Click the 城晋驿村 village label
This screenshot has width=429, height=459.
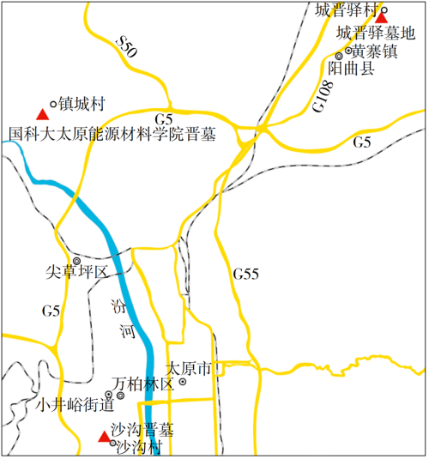[347, 10]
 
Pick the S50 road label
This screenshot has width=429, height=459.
[126, 48]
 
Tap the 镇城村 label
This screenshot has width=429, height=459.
[82, 104]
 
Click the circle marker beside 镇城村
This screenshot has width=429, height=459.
[53, 105]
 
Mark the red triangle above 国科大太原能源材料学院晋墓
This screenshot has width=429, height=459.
[41, 114]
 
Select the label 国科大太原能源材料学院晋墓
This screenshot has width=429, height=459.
[112, 135]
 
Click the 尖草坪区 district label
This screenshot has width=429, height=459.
[77, 273]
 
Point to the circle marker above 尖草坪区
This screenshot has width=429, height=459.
[76, 260]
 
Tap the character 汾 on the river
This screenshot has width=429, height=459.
[118, 306]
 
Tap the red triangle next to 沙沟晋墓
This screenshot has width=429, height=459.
[104, 438]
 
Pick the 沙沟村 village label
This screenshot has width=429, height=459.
[139, 447]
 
